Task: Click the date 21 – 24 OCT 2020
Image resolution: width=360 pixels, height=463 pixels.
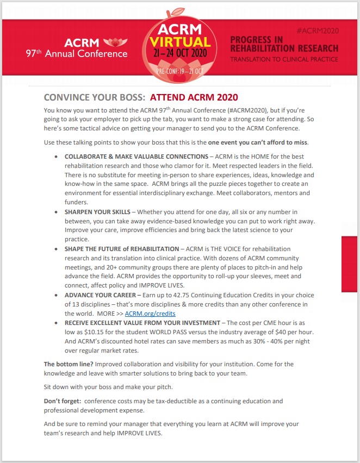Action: pyautogui.click(x=180, y=54)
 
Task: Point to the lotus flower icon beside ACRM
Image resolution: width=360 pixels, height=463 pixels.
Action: pyautogui.click(x=113, y=42)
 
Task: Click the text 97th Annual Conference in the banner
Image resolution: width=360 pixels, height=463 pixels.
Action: pyautogui.click(x=76, y=54)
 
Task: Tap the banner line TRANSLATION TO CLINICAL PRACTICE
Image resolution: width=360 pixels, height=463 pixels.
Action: pyautogui.click(x=284, y=59)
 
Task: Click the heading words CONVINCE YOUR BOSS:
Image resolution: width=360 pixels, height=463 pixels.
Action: pyautogui.click(x=94, y=98)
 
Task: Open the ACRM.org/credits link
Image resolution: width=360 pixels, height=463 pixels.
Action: pyautogui.click(x=150, y=314)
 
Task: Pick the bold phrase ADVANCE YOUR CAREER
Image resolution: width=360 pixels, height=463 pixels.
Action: pyautogui.click(x=100, y=295)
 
